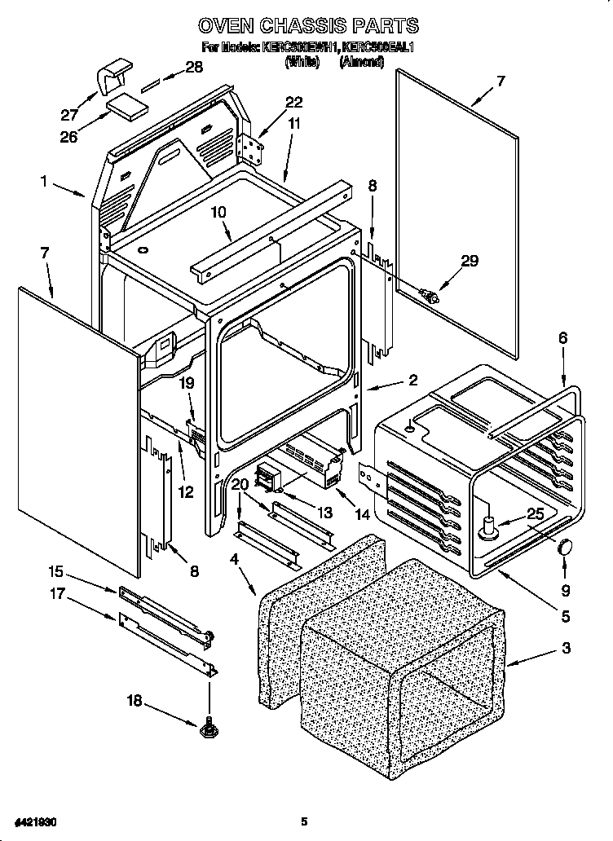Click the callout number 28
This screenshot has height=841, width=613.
coord(193,68)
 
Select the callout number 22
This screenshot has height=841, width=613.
coord(293,102)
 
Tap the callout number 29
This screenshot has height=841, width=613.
coord(470,261)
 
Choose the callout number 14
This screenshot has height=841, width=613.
coord(363,514)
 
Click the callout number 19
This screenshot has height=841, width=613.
coord(187,381)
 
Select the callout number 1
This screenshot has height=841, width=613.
coord(44,181)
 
